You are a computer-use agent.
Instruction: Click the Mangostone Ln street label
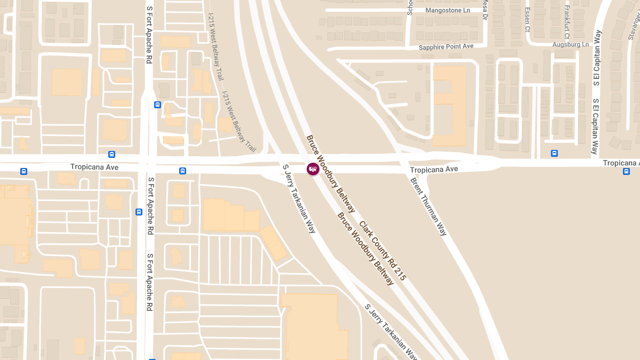[448, 10]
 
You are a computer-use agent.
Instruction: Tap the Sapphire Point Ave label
[446, 47]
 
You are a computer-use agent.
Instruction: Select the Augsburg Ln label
[570, 44]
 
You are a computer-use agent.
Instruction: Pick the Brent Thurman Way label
[428, 206]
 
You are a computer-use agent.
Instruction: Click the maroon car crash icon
[313, 169]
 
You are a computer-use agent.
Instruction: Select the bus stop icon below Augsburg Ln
[554, 154]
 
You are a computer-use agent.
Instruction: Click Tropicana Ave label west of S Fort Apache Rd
[94, 167]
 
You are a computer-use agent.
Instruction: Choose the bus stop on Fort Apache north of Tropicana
[157, 105]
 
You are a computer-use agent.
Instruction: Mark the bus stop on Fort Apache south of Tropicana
[139, 212]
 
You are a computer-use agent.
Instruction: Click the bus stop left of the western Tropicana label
[23, 171]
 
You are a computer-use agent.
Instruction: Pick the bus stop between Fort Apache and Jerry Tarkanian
[182, 171]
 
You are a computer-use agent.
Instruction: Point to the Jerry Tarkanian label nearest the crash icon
[299, 199]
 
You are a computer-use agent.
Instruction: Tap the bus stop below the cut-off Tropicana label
[626, 171]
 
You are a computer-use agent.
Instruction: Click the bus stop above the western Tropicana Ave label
[111, 155]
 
